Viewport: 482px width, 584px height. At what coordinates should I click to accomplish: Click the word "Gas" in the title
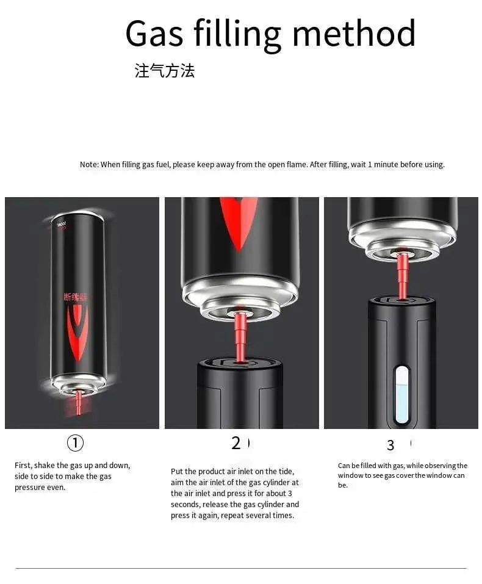154,33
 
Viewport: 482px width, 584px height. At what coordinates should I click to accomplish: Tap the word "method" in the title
354,33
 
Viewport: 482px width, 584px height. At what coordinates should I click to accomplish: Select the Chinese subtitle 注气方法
165,70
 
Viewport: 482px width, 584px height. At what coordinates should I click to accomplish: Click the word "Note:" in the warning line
90,165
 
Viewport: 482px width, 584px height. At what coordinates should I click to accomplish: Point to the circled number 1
75,443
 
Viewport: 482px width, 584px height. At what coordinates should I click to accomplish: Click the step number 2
236,443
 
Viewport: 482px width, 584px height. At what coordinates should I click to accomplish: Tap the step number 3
390,445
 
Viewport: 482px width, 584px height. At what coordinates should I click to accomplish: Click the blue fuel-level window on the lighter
401,395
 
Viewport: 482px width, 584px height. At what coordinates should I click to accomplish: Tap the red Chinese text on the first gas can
76,297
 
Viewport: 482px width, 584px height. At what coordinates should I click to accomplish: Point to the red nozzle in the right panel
402,275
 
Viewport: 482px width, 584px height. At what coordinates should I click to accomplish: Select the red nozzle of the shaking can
78,402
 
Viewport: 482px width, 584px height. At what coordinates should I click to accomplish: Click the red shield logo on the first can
78,331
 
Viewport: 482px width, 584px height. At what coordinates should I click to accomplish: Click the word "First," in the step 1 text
23,466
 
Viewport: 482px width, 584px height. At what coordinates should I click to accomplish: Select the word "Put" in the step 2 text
177,472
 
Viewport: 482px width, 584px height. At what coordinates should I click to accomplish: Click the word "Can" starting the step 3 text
344,466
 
